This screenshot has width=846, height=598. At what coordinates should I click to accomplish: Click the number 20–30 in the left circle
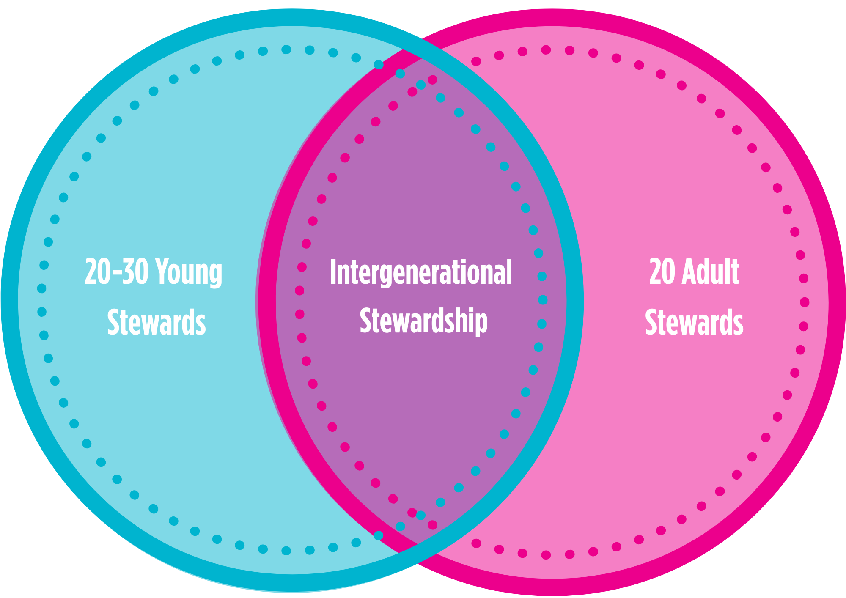pos(116,272)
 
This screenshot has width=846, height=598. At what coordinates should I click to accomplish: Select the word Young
pos(189,273)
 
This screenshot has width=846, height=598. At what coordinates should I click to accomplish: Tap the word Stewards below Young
pos(157,322)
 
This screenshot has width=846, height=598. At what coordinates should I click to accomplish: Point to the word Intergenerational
pos(421,273)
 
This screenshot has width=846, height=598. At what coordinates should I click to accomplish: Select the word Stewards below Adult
pos(694,322)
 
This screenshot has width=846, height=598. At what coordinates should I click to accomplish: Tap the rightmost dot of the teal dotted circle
pos(543,300)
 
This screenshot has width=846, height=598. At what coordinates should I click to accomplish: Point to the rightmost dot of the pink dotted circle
pos(805,302)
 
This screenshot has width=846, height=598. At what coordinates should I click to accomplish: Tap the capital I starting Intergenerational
pos(333,272)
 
